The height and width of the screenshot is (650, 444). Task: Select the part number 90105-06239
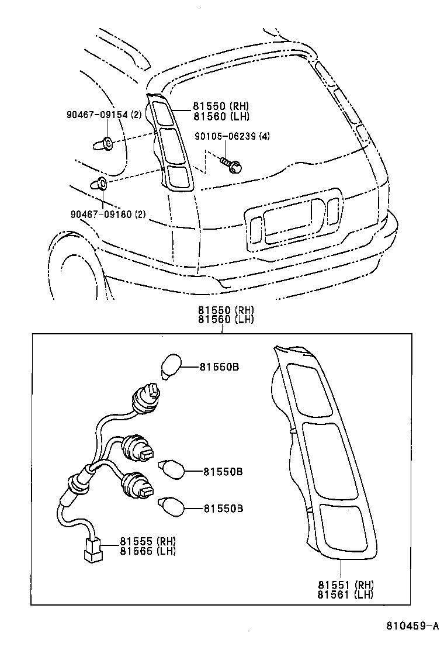(x=219, y=137)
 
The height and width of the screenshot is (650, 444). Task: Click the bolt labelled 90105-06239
(x=233, y=165)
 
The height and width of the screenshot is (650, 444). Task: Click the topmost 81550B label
(x=219, y=367)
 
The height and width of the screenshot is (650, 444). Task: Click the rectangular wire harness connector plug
(x=91, y=550)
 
